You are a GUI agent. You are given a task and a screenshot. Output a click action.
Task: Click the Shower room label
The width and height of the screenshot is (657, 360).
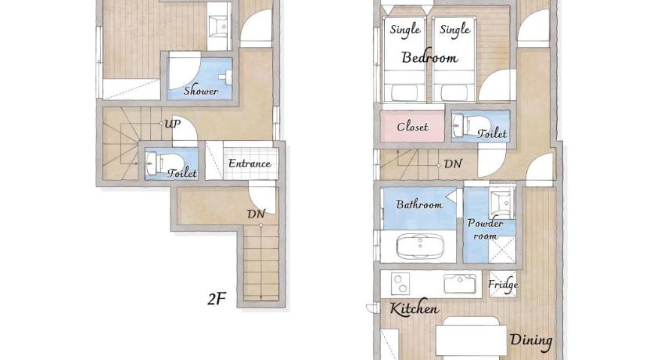[x=201, y=90]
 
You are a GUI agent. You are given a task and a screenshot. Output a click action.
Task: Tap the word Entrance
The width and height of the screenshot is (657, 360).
[x=250, y=163]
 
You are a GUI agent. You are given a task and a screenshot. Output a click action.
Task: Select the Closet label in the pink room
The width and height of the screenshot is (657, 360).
[x=412, y=126]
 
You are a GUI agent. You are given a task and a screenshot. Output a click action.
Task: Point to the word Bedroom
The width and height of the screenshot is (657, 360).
[x=429, y=57]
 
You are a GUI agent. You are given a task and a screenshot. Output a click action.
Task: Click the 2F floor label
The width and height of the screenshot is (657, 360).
[x=217, y=299]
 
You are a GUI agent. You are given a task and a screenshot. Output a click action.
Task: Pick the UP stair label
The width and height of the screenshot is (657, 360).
[x=172, y=124]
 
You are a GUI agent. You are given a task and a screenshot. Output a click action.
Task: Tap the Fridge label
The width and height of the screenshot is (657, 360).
[x=503, y=285]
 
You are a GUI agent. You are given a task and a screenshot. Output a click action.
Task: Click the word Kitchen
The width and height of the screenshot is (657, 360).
[x=414, y=308]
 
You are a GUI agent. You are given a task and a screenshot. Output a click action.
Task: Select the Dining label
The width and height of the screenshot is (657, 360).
[x=531, y=340]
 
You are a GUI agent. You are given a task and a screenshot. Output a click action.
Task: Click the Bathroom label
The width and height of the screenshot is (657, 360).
[x=419, y=204]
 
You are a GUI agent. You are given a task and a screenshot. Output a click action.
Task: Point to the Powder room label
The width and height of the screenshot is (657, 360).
[x=485, y=229]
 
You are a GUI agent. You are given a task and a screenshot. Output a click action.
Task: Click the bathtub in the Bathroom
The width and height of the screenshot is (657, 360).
[x=420, y=246]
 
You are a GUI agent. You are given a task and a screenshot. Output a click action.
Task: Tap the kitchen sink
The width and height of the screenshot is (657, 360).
[x=460, y=284]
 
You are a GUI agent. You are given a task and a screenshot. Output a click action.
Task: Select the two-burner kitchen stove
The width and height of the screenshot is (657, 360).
[x=400, y=284]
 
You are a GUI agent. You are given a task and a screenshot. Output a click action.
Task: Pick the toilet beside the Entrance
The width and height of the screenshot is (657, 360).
[x=163, y=163]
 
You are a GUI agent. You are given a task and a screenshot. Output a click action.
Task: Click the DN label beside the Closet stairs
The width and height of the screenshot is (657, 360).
[x=453, y=164]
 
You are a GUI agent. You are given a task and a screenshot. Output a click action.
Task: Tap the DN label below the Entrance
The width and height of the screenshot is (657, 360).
[x=256, y=214]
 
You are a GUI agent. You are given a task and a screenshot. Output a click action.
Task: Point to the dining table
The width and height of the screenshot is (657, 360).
[x=472, y=340]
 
